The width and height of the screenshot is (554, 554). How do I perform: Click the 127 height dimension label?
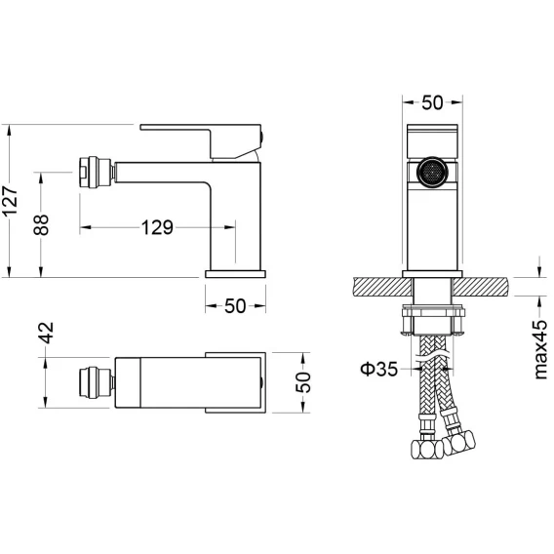click(x=10, y=201)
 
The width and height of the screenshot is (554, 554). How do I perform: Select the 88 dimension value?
click(x=41, y=224)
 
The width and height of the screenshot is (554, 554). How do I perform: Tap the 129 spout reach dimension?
click(x=157, y=227)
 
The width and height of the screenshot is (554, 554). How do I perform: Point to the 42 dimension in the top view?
click(x=46, y=333)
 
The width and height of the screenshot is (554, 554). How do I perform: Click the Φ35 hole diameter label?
click(x=378, y=369)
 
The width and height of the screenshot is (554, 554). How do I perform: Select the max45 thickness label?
click(x=540, y=349)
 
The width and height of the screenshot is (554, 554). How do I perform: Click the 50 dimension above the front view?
click(x=432, y=102)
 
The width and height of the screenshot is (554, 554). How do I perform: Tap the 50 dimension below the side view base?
click(x=235, y=306)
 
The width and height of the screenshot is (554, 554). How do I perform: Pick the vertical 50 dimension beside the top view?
click(x=303, y=382)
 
